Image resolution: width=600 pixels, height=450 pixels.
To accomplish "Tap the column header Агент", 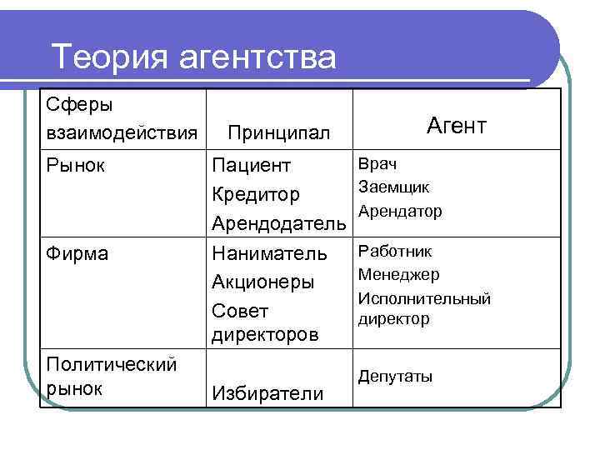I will (x=456, y=126).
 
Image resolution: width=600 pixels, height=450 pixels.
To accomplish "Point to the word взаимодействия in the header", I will (x=122, y=132).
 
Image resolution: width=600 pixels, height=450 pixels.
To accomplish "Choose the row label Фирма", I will (x=77, y=252).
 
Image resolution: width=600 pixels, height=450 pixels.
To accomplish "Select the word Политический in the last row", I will (x=112, y=364).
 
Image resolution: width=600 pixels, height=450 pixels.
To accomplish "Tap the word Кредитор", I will (x=256, y=195).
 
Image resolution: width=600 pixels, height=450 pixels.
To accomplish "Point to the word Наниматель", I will (x=270, y=252).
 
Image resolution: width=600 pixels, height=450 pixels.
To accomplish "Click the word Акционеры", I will (x=263, y=282).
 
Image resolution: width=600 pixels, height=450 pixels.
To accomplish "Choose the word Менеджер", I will (x=399, y=274).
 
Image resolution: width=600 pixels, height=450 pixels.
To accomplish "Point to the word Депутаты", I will (x=396, y=377).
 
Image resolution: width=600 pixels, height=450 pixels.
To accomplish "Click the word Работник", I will (x=395, y=251).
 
